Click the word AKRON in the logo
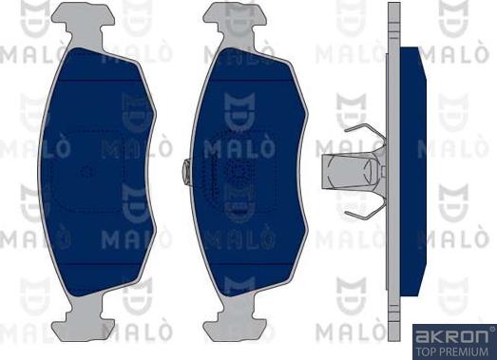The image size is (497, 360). pos(447,334)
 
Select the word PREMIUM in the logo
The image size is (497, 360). pos(464,350)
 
